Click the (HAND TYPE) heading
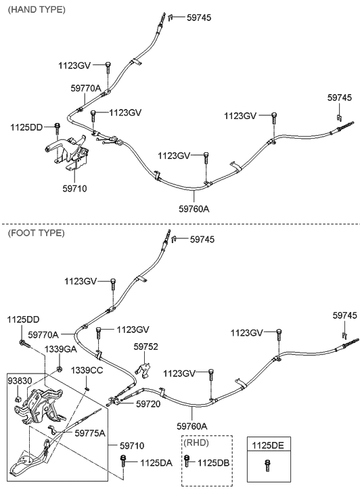(37, 9)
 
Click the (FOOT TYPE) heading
(36, 233)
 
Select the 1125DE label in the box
(267, 445)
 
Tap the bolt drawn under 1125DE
(267, 466)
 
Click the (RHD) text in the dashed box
(196, 443)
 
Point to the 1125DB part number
(213, 463)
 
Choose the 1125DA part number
(156, 463)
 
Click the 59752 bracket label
(145, 346)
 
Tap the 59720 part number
(148, 403)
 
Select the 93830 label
(20, 380)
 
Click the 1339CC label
(87, 370)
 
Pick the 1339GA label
(60, 349)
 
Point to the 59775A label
(90, 433)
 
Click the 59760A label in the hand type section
(194, 208)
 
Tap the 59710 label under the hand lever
(74, 188)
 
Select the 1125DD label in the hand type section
(26, 127)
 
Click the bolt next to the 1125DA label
(122, 462)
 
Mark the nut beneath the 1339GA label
(59, 367)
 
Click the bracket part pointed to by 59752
(143, 370)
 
